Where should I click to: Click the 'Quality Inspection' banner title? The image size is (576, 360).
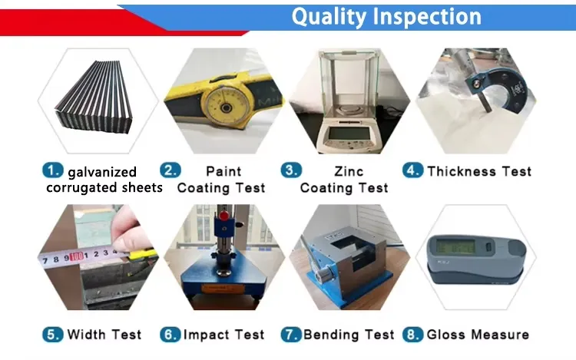point(386,16)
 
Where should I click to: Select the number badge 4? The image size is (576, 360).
point(413,170)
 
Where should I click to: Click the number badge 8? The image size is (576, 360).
point(413,334)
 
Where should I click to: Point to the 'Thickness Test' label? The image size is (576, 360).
point(479,171)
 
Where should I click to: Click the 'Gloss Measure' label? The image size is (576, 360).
point(478,335)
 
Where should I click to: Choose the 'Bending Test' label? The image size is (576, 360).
point(349,335)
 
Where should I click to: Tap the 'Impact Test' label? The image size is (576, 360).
point(223,335)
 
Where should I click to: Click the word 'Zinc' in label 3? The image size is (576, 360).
point(344,171)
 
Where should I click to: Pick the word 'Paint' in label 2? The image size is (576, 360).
point(223,171)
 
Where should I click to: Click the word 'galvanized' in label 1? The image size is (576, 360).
point(102,172)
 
